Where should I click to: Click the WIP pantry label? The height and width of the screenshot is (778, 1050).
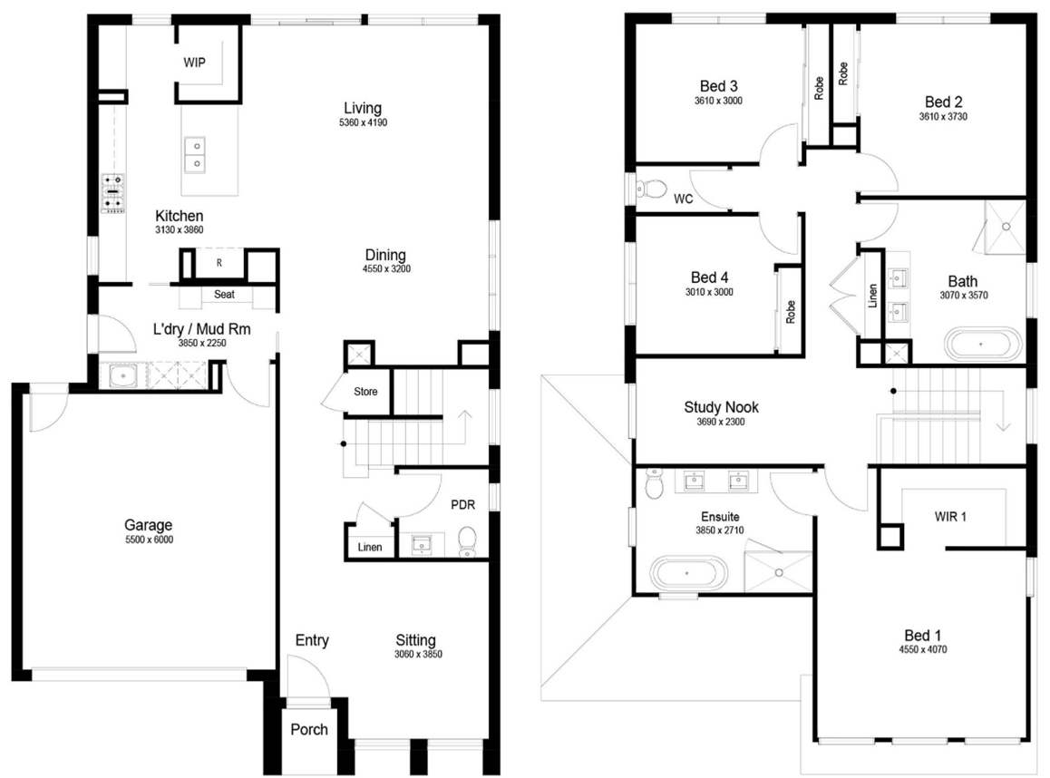pos(195,63)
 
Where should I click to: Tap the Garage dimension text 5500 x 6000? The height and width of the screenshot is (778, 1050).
pos(148,540)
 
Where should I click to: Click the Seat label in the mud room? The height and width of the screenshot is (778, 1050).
pos(224,295)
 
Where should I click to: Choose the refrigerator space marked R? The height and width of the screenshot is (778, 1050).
pos(219,263)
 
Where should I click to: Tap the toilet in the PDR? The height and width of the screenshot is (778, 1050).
pos(467,540)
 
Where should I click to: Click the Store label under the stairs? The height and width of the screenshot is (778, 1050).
pos(365,393)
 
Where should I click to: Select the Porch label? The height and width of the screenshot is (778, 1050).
pos(309,729)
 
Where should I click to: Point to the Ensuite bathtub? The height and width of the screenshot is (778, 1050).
pos(687,574)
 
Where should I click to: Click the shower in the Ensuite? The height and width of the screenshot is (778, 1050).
pos(777,568)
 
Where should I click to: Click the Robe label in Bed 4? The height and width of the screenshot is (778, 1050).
pos(790,312)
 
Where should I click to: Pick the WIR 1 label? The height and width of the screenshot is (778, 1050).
pos(951,516)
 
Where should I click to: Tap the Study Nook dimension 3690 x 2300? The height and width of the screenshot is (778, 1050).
pos(721,422)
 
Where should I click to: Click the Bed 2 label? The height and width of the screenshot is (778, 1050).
pos(943,102)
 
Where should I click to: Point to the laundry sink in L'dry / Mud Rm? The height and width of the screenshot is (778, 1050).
pos(122,376)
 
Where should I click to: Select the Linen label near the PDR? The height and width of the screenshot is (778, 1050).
pos(370,547)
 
